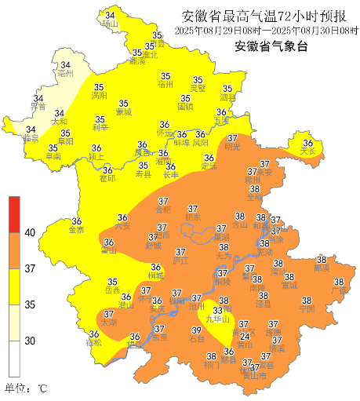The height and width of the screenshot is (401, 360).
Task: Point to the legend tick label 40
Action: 31,233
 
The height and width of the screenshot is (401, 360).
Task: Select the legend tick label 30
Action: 30,341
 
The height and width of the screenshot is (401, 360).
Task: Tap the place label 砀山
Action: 109,25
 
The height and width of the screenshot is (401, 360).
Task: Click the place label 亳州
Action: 64,74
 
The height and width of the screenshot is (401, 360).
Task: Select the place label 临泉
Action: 31,138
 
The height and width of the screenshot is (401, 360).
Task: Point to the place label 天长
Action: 307,151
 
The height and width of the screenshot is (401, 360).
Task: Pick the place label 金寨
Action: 76,230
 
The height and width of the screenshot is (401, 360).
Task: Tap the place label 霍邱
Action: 107,179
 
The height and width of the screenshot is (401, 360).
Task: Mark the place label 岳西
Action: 113,290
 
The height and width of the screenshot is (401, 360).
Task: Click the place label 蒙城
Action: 124,112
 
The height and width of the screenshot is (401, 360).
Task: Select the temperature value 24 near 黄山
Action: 245,336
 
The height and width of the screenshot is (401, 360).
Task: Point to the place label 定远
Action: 209,166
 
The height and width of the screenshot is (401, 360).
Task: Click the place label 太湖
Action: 107,323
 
